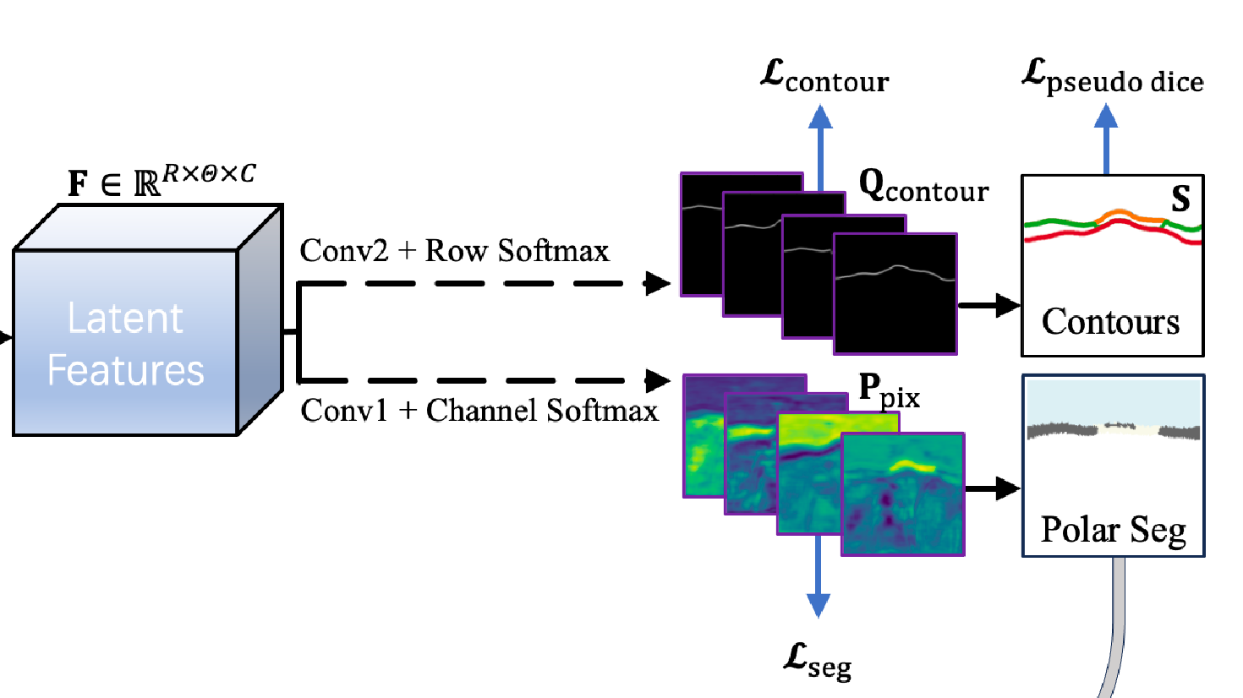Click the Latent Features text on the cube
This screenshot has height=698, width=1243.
125,344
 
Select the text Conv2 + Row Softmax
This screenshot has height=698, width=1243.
454,251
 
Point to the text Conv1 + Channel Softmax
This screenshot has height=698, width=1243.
479,411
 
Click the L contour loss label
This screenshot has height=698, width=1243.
824,77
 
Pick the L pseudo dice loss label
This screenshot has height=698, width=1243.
1112,77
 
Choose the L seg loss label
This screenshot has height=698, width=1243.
817,660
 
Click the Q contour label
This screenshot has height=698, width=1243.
923,186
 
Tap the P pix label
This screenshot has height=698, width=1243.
889,391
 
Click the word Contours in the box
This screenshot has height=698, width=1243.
1110,322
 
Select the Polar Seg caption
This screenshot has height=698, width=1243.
1113,531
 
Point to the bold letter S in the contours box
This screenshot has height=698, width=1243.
1180,199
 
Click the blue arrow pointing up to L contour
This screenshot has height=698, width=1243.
819,144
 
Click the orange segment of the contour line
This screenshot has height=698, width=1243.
1129,217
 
